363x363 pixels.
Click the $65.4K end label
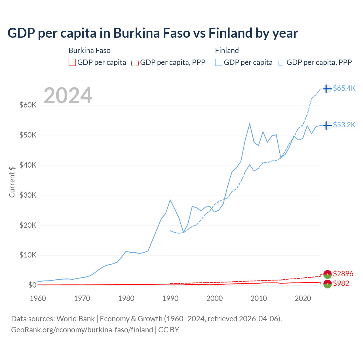[344, 88]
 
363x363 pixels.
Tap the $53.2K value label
[344, 125]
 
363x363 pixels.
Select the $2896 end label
[343, 274]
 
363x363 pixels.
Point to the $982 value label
[341, 283]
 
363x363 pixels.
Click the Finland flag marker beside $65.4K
[327, 89]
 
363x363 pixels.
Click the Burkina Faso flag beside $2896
[327, 274]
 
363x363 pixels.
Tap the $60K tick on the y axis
[28, 105]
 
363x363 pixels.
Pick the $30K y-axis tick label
[28, 195]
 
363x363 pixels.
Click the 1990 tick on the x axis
[170, 298]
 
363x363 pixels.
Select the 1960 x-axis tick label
[38, 298]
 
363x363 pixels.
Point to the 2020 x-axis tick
[303, 298]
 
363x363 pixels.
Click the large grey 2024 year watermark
[68, 96]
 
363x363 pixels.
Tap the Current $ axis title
[12, 181]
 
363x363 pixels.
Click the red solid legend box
[72, 62]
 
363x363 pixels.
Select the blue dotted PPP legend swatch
[282, 62]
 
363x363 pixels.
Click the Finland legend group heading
[227, 50]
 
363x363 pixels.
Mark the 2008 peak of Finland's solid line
[250, 124]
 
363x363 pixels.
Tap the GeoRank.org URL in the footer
[82, 330]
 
